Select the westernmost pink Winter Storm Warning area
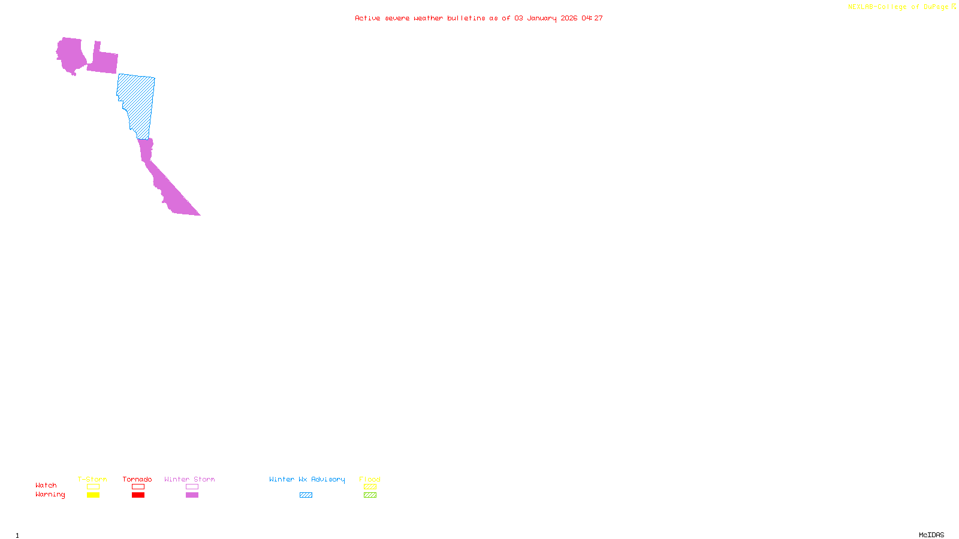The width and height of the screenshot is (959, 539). coord(71,55)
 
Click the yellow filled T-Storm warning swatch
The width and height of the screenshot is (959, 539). coord(93,495)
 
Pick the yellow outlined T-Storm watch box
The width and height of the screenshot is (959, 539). coord(93,487)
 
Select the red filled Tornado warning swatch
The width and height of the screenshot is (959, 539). coord(138,495)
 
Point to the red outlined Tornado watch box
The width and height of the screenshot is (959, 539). coord(138,487)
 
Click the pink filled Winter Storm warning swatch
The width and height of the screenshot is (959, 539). coord(192,495)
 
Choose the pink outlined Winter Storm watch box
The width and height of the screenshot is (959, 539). coord(192,487)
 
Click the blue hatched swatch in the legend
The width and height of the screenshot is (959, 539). coord(306,495)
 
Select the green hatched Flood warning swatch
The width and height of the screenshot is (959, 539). coord(370,495)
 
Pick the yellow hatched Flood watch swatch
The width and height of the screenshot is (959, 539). coord(370,487)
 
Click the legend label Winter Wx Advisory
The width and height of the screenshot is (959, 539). coord(307,479)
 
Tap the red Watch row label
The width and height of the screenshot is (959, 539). coord(46,485)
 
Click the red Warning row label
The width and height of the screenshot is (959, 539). coord(50,495)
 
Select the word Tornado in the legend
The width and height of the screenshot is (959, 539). coord(137,479)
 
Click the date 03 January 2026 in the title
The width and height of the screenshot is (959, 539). coord(545,18)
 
